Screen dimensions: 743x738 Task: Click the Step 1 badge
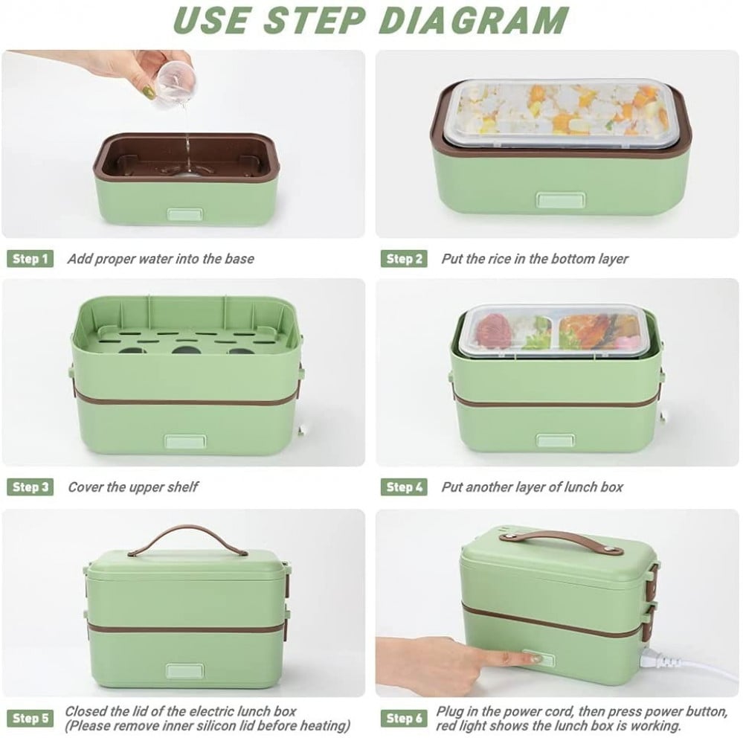tap(30, 259)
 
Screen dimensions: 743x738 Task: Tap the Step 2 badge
tap(404, 259)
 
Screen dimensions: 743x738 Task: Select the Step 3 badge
tap(30, 487)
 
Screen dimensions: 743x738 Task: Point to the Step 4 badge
tap(404, 487)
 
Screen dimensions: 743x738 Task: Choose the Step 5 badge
tap(30, 718)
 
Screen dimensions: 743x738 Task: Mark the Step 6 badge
tap(404, 718)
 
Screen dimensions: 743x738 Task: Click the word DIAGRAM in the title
tap(473, 20)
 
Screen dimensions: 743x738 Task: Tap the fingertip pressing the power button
tap(534, 658)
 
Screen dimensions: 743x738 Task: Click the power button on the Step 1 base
tap(184, 214)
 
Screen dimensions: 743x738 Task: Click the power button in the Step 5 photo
tap(184, 671)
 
